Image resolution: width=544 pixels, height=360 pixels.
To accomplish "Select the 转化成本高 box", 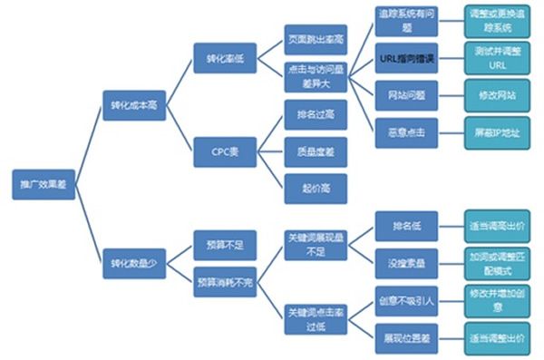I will point(132,105).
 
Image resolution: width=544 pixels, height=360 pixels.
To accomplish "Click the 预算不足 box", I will point(224,244).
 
